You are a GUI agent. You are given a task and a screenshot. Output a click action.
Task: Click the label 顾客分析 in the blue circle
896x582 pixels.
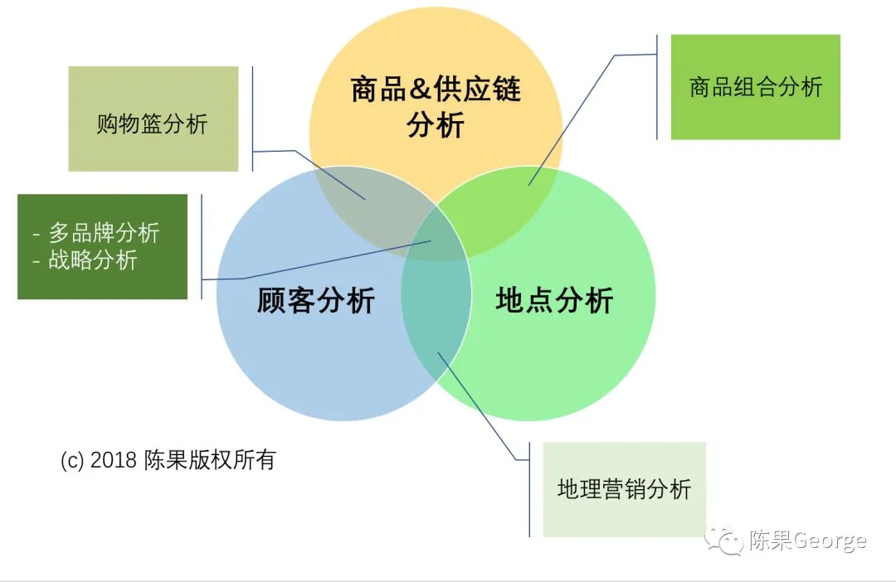pyautogui.click(x=315, y=300)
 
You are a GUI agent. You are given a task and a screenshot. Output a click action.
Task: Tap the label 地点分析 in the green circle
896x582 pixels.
pyautogui.click(x=554, y=300)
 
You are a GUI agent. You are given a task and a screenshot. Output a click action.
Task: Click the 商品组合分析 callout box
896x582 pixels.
pyautogui.click(x=755, y=87)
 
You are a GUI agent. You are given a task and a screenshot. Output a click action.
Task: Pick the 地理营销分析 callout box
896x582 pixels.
pyautogui.click(x=624, y=489)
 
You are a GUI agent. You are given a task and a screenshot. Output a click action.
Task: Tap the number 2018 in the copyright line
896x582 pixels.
pyautogui.click(x=113, y=461)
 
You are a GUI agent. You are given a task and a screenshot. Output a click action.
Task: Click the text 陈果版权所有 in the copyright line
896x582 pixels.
pyautogui.click(x=209, y=461)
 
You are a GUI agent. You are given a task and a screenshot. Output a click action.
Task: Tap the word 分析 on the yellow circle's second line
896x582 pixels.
pyautogui.click(x=436, y=126)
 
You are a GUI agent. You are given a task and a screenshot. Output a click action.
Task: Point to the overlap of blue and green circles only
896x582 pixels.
pyautogui.click(x=436, y=332)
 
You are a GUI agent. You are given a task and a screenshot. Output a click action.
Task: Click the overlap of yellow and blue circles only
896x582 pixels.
pyautogui.click(x=365, y=199)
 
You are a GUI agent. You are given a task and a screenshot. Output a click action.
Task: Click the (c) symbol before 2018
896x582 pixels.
pyautogui.click(x=72, y=461)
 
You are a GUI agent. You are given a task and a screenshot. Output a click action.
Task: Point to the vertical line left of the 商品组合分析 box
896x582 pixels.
pyautogui.click(x=657, y=87)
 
